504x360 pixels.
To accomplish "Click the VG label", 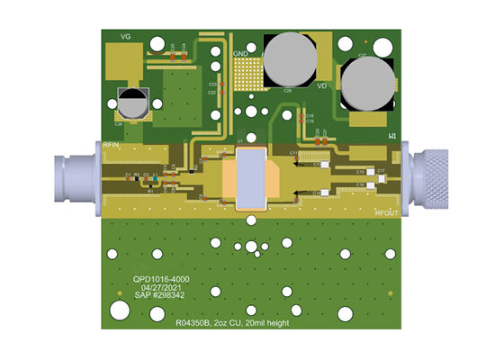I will pos(126,36).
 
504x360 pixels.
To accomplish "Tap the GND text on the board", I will pos(241,54).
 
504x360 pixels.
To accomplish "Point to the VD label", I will pos(320,86).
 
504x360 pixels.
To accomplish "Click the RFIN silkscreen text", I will pos(112,145).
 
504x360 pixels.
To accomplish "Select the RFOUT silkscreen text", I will pos(386,212).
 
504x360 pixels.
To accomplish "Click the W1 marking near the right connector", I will pos(393,136).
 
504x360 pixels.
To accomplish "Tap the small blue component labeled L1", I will pos(155,177).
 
